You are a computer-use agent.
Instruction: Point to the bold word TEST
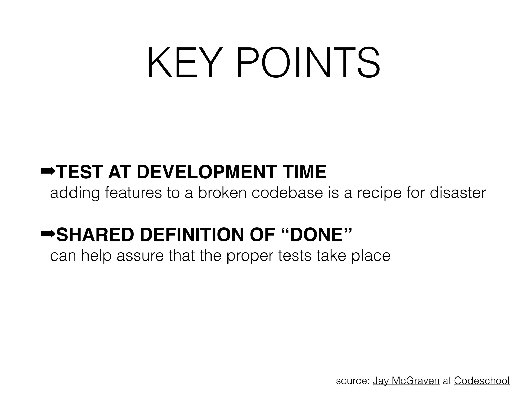[x=78, y=172]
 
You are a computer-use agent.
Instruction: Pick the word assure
[x=140, y=256]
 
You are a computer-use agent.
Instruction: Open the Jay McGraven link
[x=406, y=381]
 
